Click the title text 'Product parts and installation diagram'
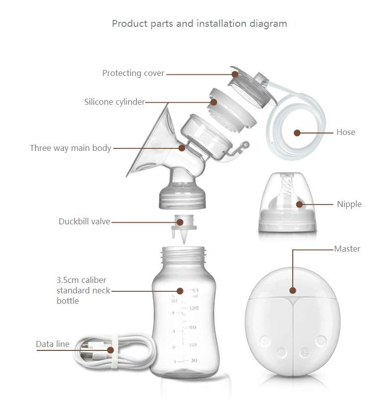tap(199, 23)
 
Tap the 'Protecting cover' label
tap(133, 73)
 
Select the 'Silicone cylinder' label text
tap(114, 102)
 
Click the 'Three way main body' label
tap(70, 148)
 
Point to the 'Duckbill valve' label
tap(84, 221)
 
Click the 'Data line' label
tap(53, 344)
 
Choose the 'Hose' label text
tap(345, 132)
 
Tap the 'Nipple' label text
tap(349, 204)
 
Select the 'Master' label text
tap(347, 249)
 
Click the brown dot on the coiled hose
tap(297, 133)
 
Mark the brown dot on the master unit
tap(293, 290)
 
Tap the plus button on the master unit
tap(304, 351)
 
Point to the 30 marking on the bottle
tap(193, 360)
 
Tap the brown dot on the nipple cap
tap(299, 203)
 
